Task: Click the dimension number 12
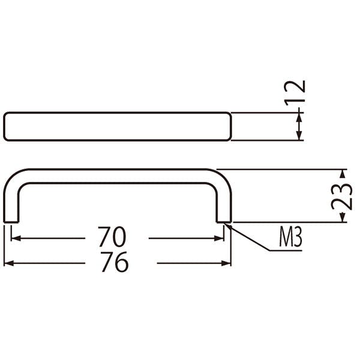pos(295,93)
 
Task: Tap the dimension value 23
pos(341,197)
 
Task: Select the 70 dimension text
pos(112,237)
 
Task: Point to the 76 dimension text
pos(115,262)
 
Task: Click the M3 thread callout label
pos(290,236)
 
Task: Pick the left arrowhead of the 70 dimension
pos(16,238)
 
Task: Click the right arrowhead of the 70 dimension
pos(219,238)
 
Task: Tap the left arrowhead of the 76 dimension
pos(9,263)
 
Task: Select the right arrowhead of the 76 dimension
pos(226,263)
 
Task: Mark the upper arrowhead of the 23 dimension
pos(343,173)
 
